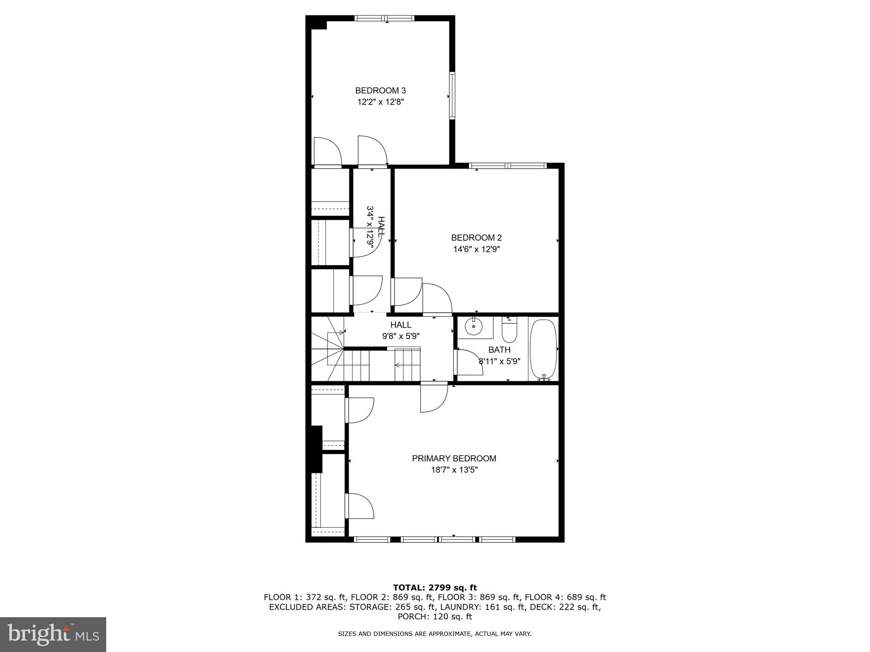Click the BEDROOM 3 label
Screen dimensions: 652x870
(380, 90)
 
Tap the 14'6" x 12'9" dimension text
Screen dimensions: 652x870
(476, 249)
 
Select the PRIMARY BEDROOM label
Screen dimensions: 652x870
(454, 458)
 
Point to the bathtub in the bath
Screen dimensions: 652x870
(543, 349)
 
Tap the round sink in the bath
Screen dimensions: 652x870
(473, 326)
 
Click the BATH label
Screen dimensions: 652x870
(499, 350)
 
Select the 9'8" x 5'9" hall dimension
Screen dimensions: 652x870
(401, 336)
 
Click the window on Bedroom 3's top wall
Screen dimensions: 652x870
(384, 18)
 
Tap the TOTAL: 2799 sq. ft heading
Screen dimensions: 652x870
(435, 587)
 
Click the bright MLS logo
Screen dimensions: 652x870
(53, 634)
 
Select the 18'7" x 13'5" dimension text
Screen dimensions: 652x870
(454, 470)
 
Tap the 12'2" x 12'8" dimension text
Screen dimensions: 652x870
(380, 102)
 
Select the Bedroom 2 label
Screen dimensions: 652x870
(476, 238)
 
